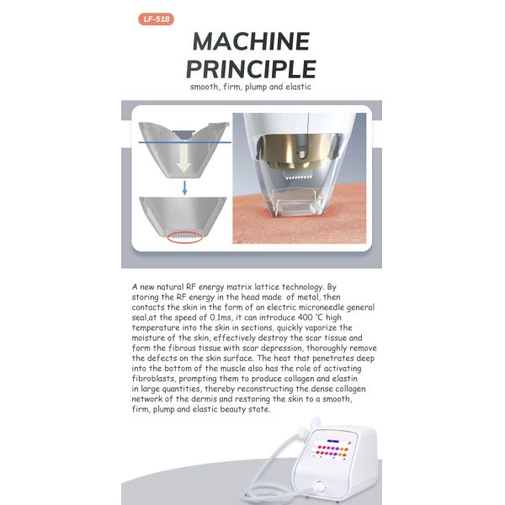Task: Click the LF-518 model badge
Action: (x=156, y=19)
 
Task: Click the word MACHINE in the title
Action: (x=251, y=41)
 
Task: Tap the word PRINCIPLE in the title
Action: (x=251, y=69)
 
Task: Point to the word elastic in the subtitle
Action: (x=298, y=87)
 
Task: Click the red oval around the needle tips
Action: (x=185, y=237)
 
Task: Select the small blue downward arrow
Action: (x=184, y=188)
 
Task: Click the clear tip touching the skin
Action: (x=295, y=203)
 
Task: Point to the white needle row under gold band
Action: (x=296, y=178)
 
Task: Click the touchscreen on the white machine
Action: (x=331, y=448)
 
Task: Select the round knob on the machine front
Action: (x=320, y=486)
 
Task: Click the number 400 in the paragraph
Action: (x=305, y=317)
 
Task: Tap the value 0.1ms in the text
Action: (x=221, y=317)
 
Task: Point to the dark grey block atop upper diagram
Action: (x=183, y=133)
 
